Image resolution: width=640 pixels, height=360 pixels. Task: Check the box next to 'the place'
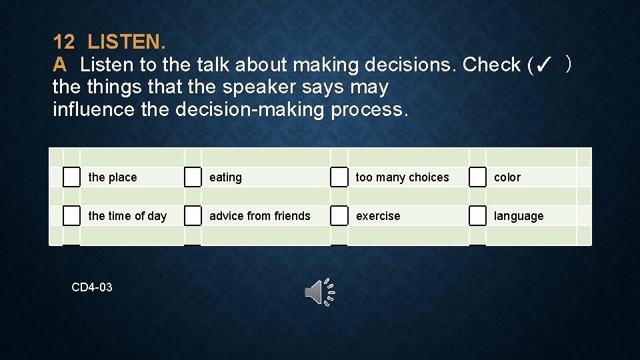(71, 177)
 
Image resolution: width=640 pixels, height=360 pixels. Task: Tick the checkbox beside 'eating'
(193, 177)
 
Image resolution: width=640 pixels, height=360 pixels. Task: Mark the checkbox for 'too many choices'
(339, 177)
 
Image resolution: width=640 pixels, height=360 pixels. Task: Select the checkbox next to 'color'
(477, 177)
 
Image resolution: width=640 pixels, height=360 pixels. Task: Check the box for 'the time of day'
(71, 216)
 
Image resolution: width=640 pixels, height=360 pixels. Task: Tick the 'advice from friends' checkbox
(193, 216)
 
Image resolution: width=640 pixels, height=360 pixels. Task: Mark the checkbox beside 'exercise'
(339, 216)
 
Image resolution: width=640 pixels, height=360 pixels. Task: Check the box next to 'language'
(477, 216)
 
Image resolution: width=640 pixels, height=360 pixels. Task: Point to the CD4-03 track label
(92, 287)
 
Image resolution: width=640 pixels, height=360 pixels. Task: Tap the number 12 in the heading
(64, 43)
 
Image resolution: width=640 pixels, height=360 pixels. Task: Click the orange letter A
(60, 65)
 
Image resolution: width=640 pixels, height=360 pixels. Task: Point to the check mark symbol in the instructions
(543, 65)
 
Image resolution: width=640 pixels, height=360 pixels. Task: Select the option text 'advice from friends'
(260, 216)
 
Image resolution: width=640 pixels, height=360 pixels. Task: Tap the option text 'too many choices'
(403, 177)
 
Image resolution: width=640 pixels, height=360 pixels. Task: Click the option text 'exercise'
(378, 216)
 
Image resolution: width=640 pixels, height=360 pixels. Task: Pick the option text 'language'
(519, 216)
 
